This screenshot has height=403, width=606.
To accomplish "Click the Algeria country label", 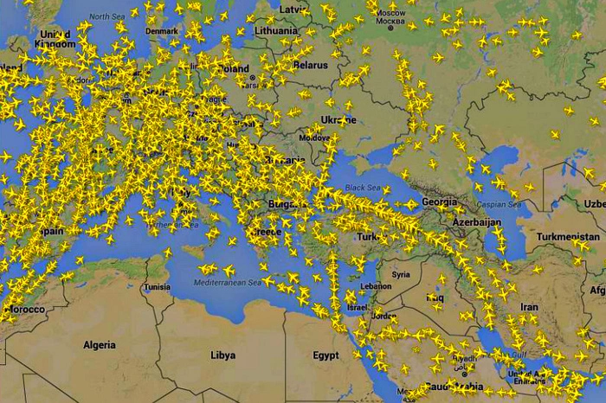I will click(x=100, y=345).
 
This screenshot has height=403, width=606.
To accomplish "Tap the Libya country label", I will click(x=222, y=355).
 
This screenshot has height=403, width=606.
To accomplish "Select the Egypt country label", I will click(x=326, y=355).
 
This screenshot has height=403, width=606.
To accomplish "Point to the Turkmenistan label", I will click(x=568, y=236).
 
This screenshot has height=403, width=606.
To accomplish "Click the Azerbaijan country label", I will click(x=476, y=221).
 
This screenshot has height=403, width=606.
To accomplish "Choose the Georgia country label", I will click(x=439, y=201).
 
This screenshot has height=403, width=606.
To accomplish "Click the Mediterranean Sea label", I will click(x=226, y=283).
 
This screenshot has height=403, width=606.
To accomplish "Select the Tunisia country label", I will click(x=158, y=286).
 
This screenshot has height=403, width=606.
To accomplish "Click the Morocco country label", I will click(x=24, y=309).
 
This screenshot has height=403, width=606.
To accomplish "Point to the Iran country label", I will click(x=528, y=307).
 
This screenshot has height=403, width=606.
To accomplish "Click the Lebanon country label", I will click(x=376, y=286).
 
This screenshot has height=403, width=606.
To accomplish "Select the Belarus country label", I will click(x=310, y=64).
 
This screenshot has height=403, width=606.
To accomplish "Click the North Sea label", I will click(x=106, y=16).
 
